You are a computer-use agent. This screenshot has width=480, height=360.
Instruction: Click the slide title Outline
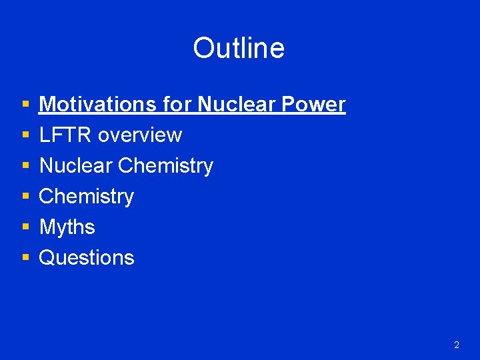[239, 48]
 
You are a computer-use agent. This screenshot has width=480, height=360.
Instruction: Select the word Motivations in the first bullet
[98, 105]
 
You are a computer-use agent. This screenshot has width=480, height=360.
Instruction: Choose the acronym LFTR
[66, 135]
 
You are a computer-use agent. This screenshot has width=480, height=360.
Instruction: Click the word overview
[140, 135]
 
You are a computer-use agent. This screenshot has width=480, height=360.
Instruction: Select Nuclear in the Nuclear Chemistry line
[75, 166]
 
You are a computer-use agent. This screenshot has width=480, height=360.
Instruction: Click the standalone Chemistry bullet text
[87, 197]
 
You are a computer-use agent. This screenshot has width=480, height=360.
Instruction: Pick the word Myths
[67, 227]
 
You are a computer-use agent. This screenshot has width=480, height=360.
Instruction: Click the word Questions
[87, 258]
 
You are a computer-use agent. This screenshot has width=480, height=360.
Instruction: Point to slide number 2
[456, 345]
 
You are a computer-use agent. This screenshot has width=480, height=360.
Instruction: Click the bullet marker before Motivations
[25, 105]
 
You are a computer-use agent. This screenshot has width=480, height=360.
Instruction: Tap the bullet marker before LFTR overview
[25, 135]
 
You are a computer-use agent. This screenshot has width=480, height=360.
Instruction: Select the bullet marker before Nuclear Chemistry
[25, 166]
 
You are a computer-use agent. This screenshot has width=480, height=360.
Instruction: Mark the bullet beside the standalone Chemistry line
[25, 197]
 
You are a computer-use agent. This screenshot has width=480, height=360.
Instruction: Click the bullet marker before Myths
[25, 227]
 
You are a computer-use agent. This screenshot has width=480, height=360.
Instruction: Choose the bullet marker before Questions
[25, 258]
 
